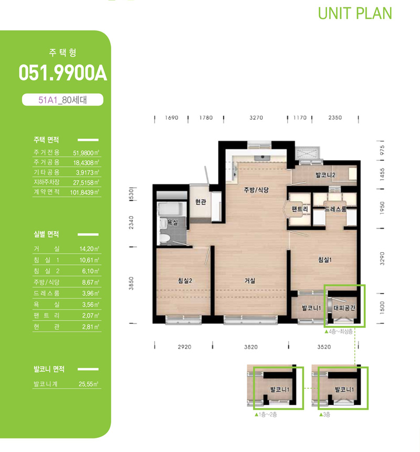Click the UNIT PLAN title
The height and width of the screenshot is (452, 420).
[355, 14]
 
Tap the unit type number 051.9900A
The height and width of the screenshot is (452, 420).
[63, 73]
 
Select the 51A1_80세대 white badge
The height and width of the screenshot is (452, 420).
[62, 100]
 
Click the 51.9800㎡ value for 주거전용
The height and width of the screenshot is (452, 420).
[86, 153]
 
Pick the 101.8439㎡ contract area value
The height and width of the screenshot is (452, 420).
[85, 192]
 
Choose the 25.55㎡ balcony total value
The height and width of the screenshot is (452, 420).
[89, 384]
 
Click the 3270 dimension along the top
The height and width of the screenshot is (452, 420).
[256, 118]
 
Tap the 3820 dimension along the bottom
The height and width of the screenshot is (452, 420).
[251, 347]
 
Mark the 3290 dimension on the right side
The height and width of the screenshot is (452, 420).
[382, 259]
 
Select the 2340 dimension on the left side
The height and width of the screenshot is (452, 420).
[131, 222]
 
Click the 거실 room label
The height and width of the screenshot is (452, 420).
[249, 281]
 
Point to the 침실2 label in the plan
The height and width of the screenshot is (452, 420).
[185, 281]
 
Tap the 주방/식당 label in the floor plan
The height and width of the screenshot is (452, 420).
[256, 190]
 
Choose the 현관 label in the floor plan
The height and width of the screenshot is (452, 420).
[201, 202]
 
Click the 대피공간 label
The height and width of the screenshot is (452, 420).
[344, 308]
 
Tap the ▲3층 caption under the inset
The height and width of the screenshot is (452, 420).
[325, 415]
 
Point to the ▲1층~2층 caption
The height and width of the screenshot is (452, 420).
[266, 415]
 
